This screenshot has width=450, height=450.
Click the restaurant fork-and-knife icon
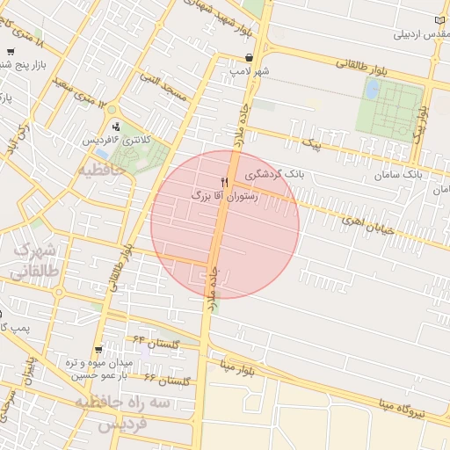(x=225, y=182)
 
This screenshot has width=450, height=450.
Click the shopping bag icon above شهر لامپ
(x=250, y=57)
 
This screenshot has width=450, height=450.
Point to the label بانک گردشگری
(x=276, y=174)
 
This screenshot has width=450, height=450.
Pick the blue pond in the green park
(x=372, y=89)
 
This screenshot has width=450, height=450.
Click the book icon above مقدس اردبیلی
(x=440, y=21)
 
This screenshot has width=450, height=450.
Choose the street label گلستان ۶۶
(x=167, y=381)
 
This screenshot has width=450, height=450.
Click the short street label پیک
(x=310, y=141)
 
